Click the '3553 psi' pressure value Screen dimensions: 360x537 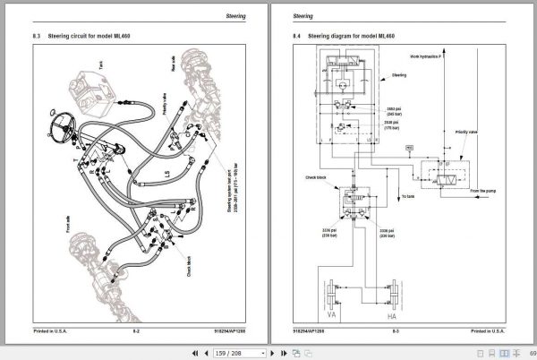coord(395,108)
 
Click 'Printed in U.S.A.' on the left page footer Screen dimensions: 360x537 coord(53,330)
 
